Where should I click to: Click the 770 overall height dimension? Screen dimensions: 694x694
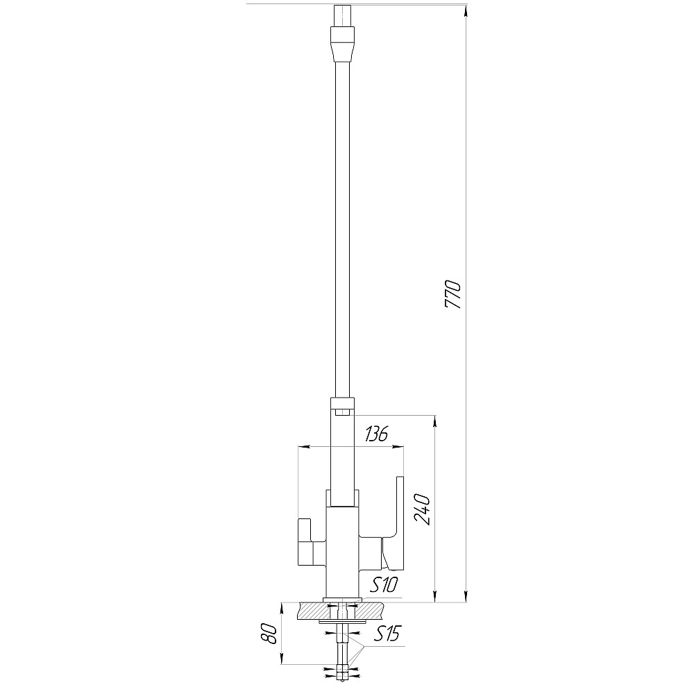(x=453, y=294)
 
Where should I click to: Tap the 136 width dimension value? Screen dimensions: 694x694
(x=376, y=434)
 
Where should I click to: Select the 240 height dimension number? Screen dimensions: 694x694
(x=423, y=509)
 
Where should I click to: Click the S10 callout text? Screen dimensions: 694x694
(x=384, y=586)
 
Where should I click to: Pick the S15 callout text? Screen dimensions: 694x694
(x=387, y=634)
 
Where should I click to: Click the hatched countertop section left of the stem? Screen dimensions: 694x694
(x=314, y=611)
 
